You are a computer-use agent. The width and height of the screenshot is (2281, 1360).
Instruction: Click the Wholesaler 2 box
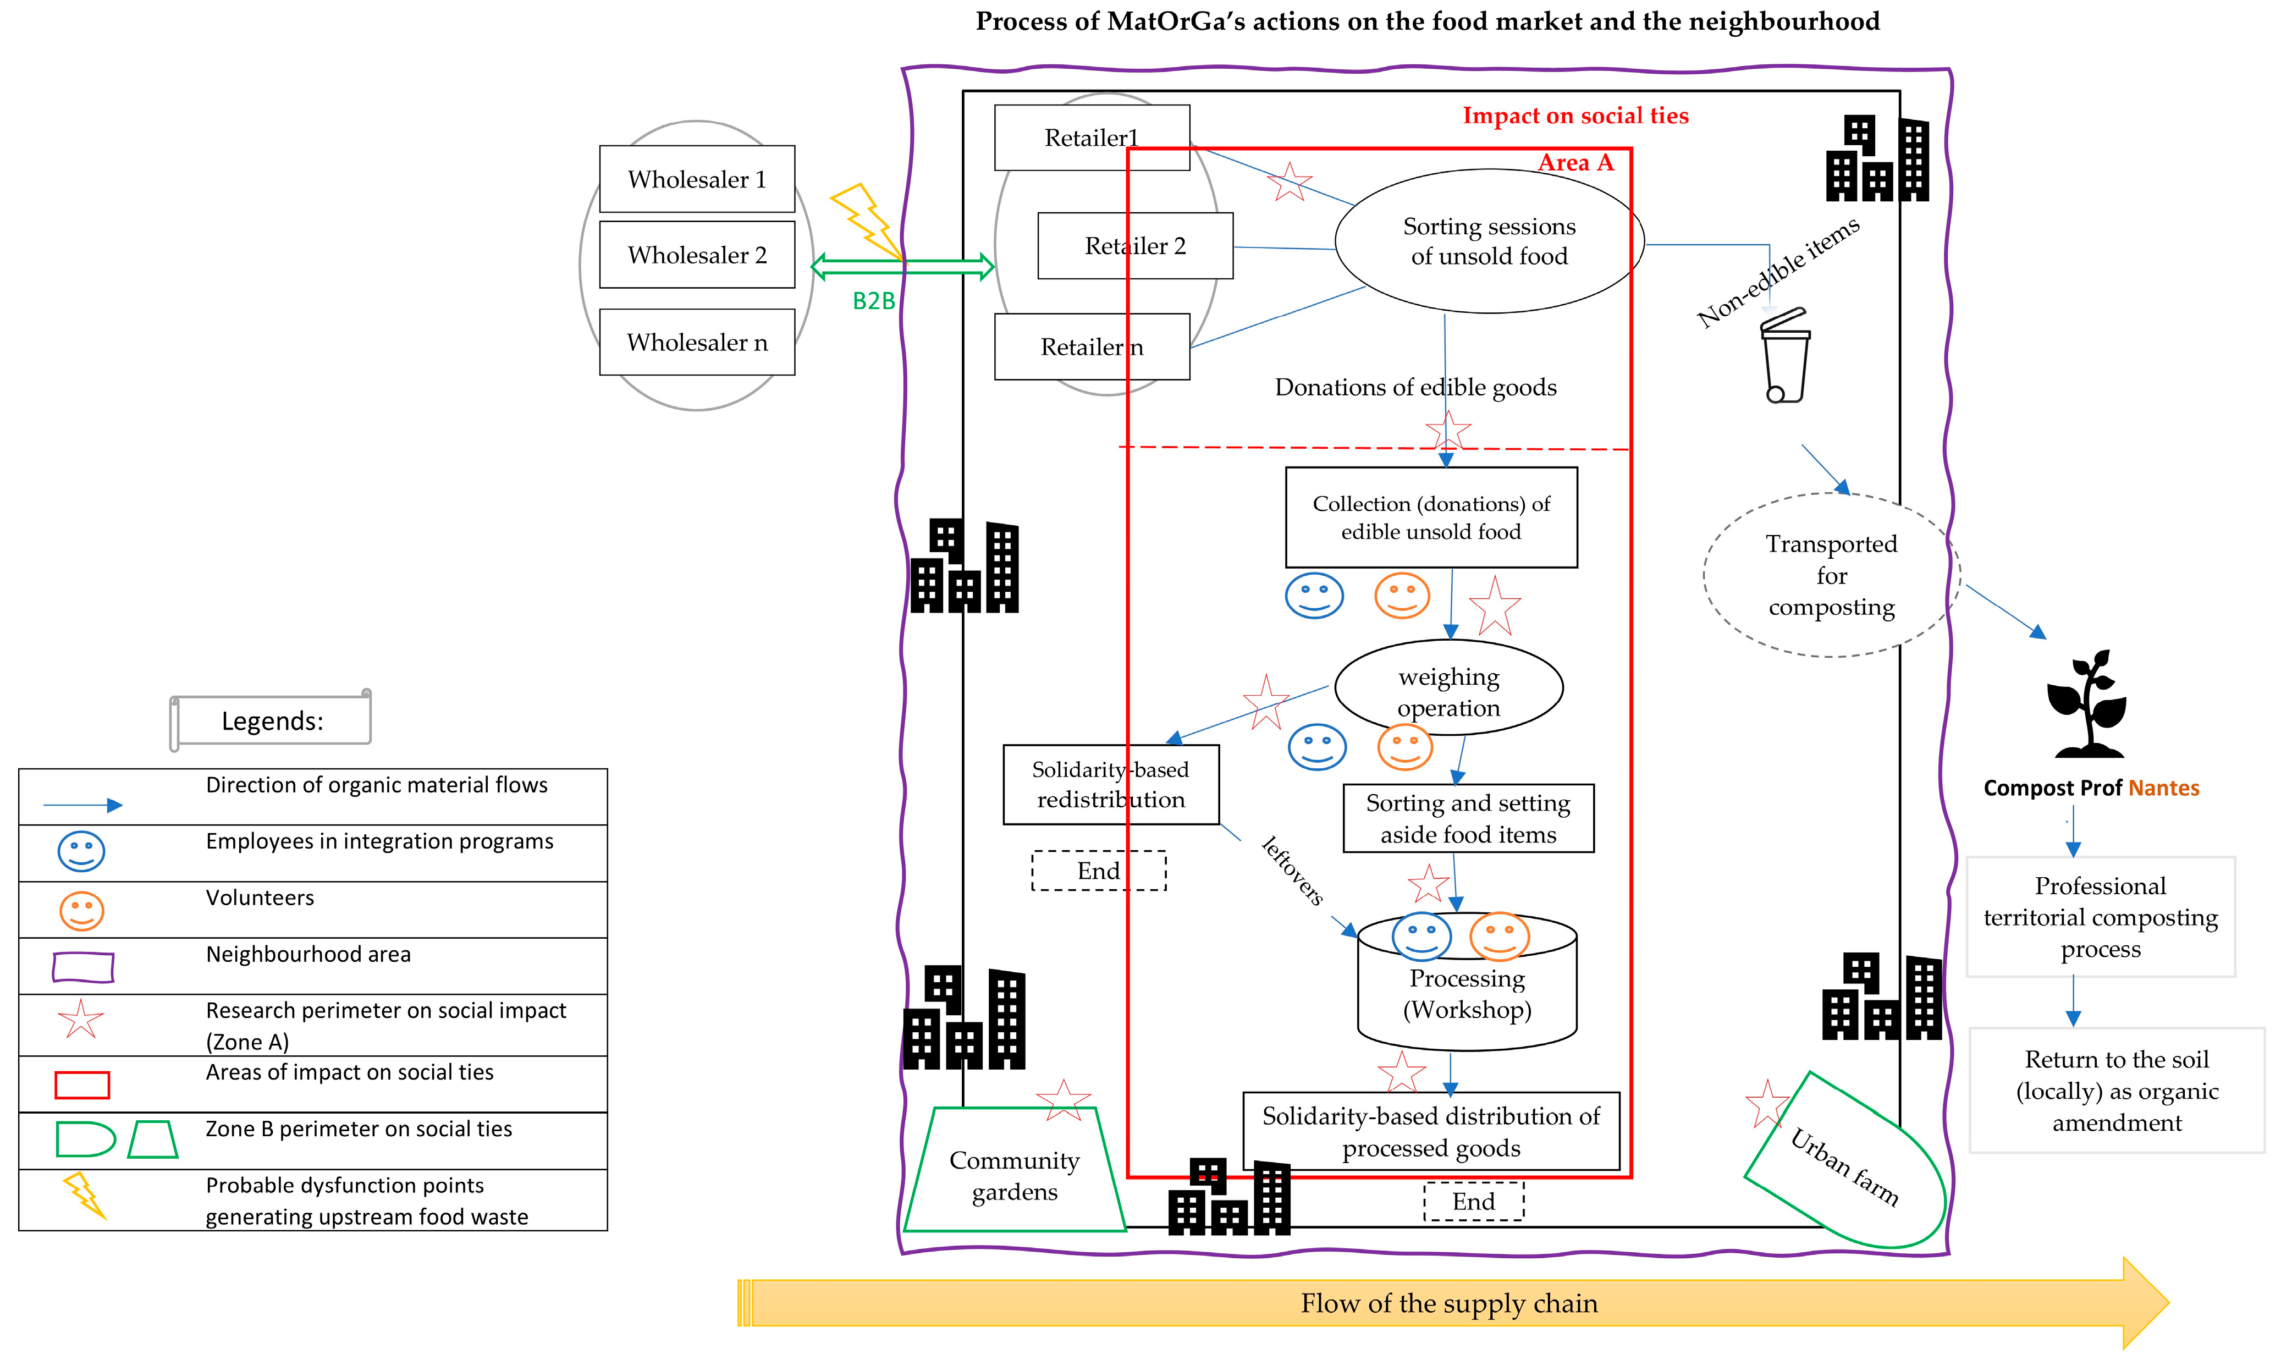pyautogui.click(x=697, y=254)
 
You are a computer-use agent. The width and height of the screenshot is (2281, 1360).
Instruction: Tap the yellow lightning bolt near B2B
pyautogui.click(x=866, y=222)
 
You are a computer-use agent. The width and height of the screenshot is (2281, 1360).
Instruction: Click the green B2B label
pyautogui.click(x=873, y=301)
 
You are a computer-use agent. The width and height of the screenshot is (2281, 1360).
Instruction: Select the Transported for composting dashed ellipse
pyautogui.click(x=1831, y=575)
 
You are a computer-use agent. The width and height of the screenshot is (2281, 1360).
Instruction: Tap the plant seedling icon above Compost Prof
pyautogui.click(x=2087, y=704)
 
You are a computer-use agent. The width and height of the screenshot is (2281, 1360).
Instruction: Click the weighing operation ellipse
pyautogui.click(x=1449, y=687)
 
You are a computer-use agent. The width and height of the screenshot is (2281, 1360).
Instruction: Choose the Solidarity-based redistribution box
pyautogui.click(x=1111, y=784)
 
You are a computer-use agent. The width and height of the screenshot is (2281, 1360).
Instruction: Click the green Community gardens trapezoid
pyautogui.click(x=1015, y=1169)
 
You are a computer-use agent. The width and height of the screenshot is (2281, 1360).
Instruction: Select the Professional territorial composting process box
pyautogui.click(x=2101, y=916)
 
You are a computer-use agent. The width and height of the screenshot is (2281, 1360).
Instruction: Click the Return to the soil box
pyautogui.click(x=2117, y=1091)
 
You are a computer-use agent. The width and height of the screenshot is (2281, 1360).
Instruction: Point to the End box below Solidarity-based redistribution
pyautogui.click(x=1099, y=871)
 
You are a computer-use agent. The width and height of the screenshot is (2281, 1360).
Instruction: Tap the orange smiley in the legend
pyautogui.click(x=81, y=911)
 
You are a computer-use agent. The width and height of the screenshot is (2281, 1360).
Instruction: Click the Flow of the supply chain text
pyautogui.click(x=1449, y=1303)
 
